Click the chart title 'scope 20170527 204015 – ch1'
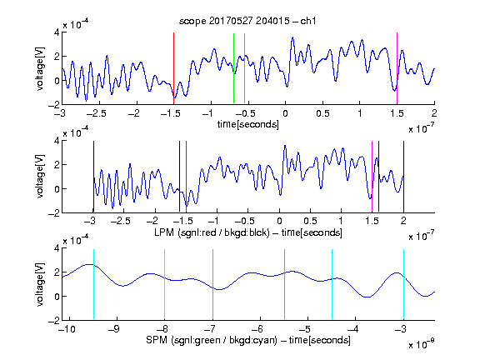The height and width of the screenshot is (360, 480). coord(247,21)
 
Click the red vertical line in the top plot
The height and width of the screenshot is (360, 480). coord(173,68)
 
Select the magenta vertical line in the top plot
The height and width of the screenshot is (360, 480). coord(397,68)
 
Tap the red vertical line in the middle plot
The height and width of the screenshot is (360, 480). coord(186,177)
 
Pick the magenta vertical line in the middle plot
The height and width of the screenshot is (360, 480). coord(372,177)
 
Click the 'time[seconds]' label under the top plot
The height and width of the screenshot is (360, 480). coord(248,124)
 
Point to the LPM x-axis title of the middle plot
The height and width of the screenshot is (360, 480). coord(248,232)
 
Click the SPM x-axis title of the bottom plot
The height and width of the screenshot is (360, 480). coord(248,340)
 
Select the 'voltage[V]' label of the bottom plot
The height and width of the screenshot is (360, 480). coord(40,284)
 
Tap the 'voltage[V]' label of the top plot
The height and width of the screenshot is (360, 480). coord(40,68)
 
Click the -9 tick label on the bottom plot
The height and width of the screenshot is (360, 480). coord(114,329)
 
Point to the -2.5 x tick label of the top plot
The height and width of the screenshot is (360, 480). coord(96,113)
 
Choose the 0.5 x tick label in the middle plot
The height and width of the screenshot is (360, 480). coord(311,221)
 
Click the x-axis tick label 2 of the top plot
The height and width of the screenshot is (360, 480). coord(434,113)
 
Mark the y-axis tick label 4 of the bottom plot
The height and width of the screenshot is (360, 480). coord(57,248)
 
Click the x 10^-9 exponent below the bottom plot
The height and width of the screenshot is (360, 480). coord(422,344)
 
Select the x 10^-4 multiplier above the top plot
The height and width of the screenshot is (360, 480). coord(76,23)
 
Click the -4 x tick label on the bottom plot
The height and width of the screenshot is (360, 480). coord(353,329)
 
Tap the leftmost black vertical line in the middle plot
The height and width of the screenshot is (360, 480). coord(93,177)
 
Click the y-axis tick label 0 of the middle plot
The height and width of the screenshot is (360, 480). coord(57,189)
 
